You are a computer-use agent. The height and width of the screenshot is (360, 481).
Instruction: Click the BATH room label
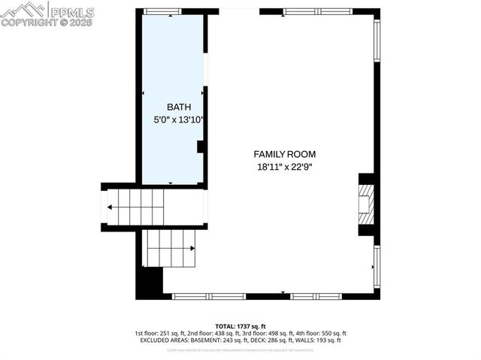[x=174, y=107]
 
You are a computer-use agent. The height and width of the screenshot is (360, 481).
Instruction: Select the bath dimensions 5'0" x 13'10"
[x=174, y=119]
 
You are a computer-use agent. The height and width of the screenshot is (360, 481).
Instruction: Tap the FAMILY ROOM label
[x=283, y=154]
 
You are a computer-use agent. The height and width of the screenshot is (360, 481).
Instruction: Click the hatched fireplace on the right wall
[x=367, y=204]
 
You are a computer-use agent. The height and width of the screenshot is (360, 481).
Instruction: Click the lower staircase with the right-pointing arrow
[x=170, y=248]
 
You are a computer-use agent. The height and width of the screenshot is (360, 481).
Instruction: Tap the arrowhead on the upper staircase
[x=110, y=207]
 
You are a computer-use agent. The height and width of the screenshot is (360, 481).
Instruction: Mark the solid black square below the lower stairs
[x=151, y=283]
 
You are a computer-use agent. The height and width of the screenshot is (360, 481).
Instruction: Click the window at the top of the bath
[x=163, y=11]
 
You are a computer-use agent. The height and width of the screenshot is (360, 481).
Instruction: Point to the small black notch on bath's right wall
[x=201, y=147]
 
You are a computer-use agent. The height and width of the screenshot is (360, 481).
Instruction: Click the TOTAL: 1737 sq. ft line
[x=240, y=325]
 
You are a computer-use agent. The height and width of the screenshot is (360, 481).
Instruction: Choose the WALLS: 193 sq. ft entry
[x=322, y=340]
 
